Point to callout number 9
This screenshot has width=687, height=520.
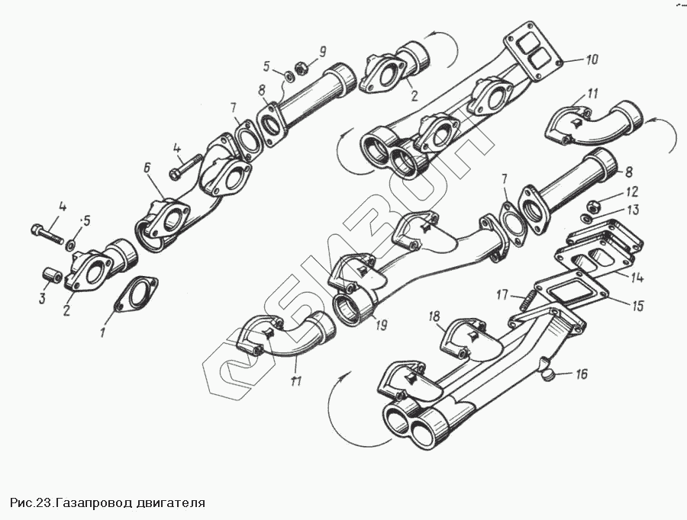point(322,51)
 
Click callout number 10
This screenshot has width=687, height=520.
point(592,59)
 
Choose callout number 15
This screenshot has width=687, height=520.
point(637,306)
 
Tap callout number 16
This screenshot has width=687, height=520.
point(582,374)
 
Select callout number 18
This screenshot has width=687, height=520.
point(434,316)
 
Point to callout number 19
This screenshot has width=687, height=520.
point(380,324)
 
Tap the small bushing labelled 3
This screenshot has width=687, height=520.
point(51,274)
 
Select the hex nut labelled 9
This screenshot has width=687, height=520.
point(301,66)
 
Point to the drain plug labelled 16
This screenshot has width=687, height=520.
point(550,371)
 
